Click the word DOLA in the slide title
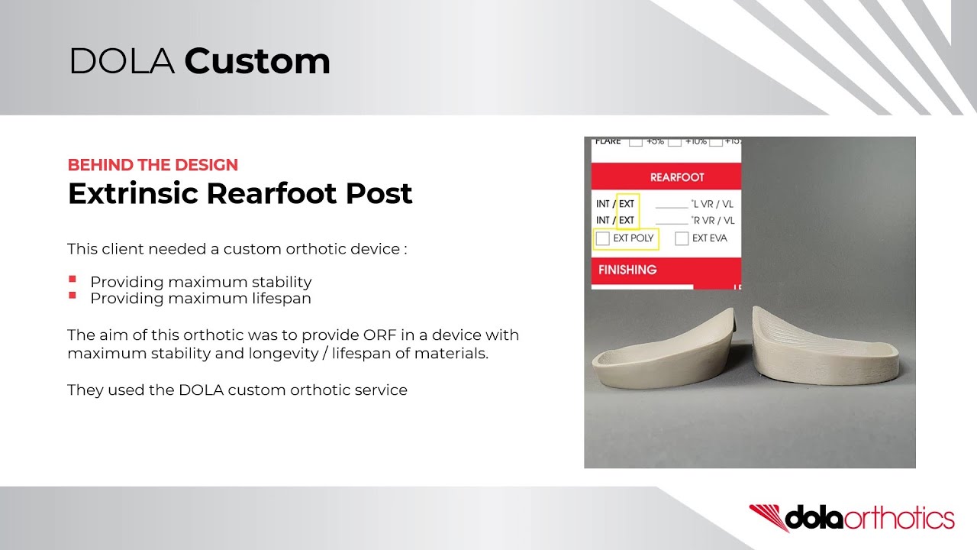pos(122,62)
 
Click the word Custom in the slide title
pos(257,62)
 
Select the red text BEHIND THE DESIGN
pos(153,165)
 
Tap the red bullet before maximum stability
pos(73,280)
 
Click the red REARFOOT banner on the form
pos(676,177)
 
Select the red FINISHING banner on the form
pos(627,270)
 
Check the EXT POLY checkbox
pos(603,238)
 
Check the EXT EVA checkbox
pos(682,238)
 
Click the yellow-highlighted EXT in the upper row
pos(627,204)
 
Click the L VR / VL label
pos(713,204)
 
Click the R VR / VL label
pos(713,221)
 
